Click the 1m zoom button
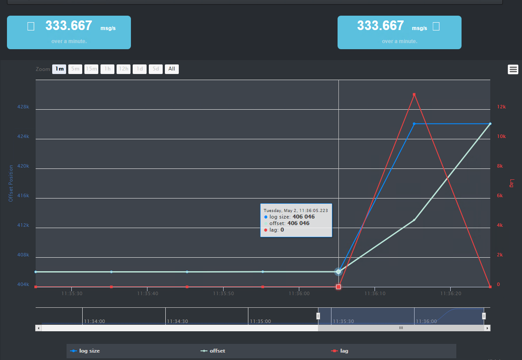pos(59,69)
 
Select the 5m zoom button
pos(75,69)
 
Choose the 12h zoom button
pos(124,69)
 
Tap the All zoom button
pos(172,69)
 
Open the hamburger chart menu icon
pos(513,69)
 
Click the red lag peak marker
pos(414,94)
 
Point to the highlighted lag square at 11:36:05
pos(338,287)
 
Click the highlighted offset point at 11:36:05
pos(338,272)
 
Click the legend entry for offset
pos(217,351)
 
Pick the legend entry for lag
pos(344,351)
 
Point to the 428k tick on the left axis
pos(23,107)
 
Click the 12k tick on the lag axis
pos(501,107)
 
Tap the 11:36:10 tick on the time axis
pos(375,294)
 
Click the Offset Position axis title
pos(11,183)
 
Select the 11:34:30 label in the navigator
pos(177,321)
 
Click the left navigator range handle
pos(318,316)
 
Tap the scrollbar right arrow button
pos(487,328)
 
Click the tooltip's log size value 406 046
pos(303,216)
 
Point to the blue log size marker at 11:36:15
pos(414,124)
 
